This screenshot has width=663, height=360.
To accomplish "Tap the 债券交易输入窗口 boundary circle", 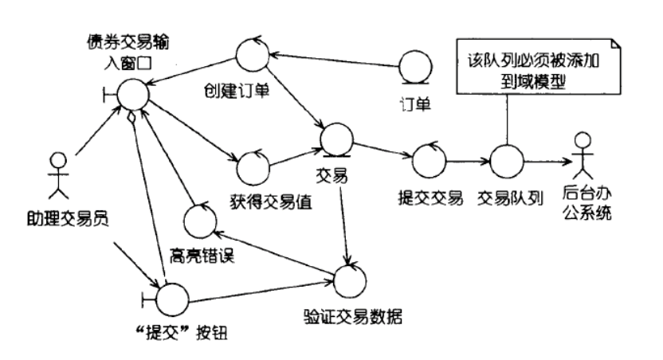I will [132, 95].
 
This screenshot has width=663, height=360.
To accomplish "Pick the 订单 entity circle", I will [415, 67].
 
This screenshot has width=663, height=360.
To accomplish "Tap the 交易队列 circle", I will [507, 162].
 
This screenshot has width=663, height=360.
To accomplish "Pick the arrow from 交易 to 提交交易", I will [382, 151].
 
